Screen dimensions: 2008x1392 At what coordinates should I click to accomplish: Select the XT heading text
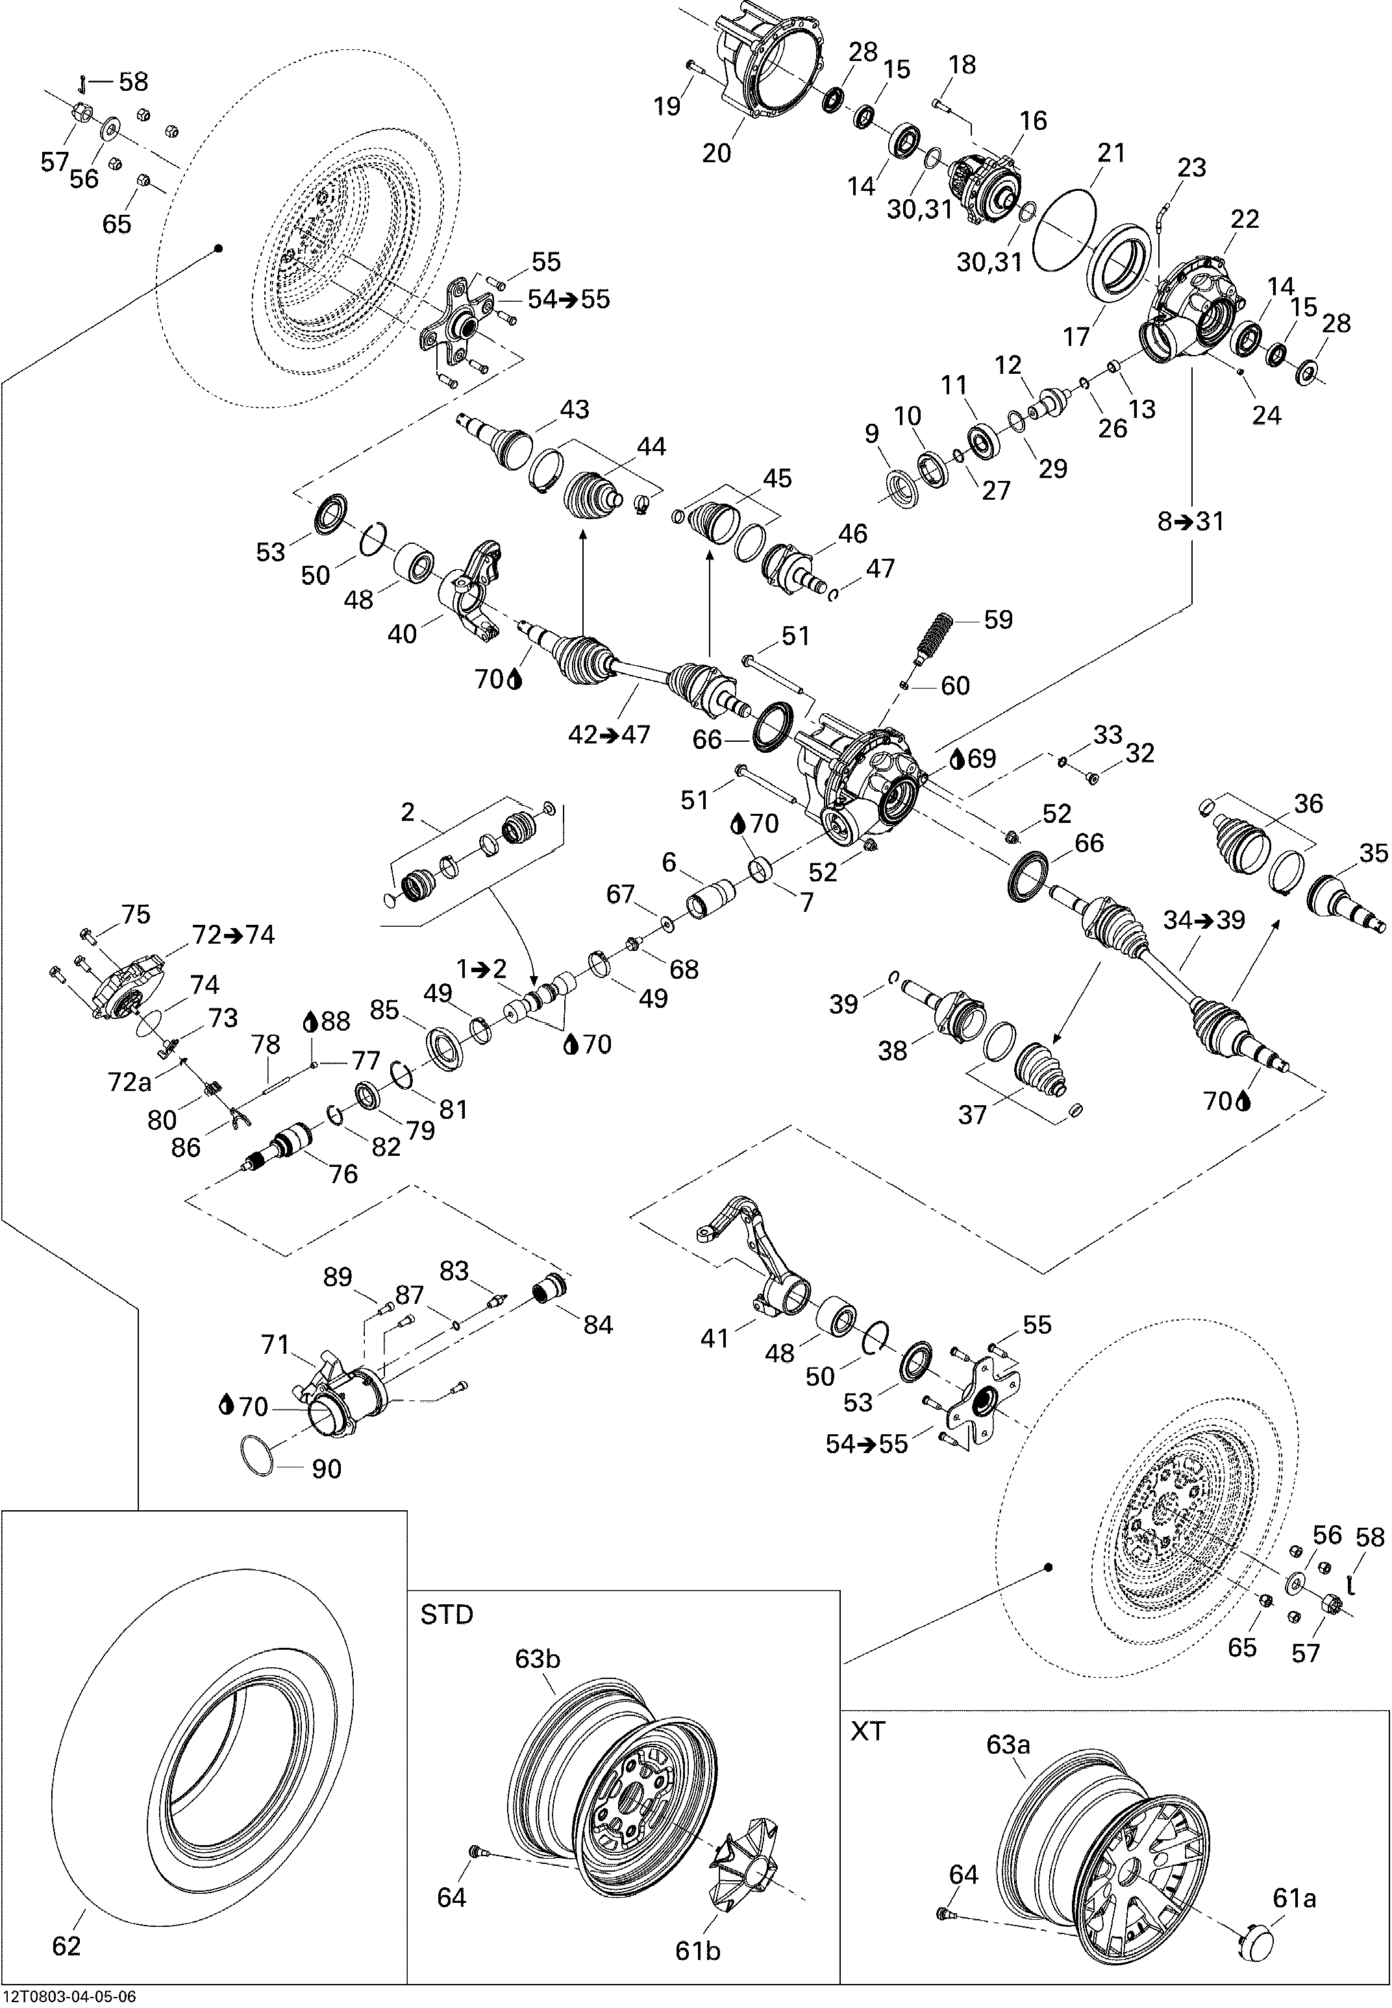click(x=868, y=1731)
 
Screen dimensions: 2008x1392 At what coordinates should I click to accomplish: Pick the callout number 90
click(x=327, y=1469)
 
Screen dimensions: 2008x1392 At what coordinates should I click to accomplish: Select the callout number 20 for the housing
click(x=717, y=153)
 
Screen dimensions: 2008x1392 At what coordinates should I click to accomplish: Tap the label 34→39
click(x=1204, y=920)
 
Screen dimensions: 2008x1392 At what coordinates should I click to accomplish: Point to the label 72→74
click(x=233, y=935)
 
